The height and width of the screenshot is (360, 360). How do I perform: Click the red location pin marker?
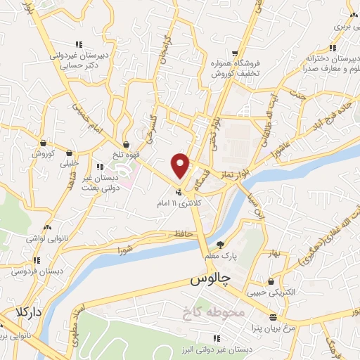pyautogui.click(x=181, y=165)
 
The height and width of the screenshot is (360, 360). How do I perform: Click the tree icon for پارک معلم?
pyautogui.click(x=220, y=245)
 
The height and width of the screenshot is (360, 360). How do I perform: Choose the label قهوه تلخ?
pyautogui.click(x=127, y=155)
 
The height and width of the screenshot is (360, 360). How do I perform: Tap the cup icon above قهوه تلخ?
pyautogui.click(x=126, y=143)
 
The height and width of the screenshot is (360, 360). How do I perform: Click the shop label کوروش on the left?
pyautogui.click(x=42, y=153)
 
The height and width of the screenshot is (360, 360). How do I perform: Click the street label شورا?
pyautogui.click(x=127, y=249)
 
